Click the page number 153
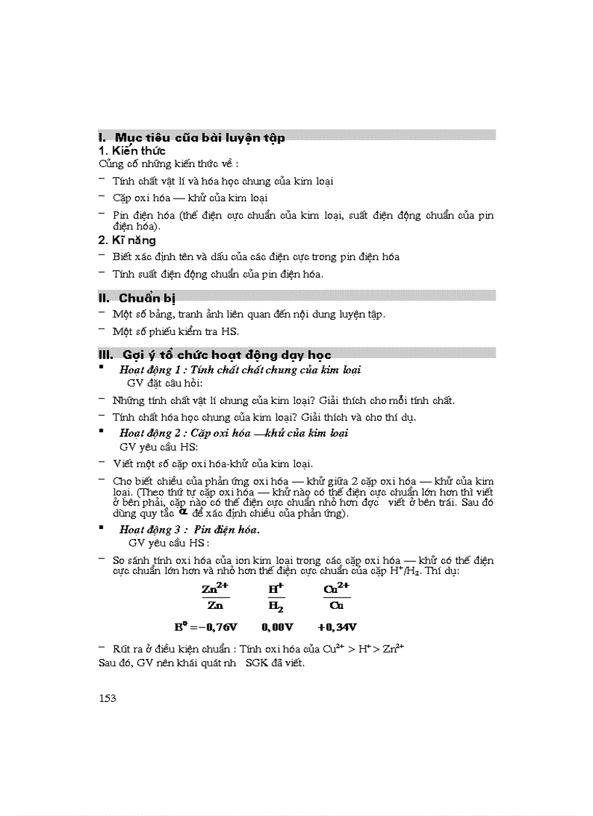click(x=107, y=698)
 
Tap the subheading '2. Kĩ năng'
click(x=127, y=240)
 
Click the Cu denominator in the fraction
click(x=336, y=605)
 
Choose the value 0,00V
click(x=278, y=626)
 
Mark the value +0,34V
click(x=337, y=626)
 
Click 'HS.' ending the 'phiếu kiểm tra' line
click(x=230, y=331)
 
